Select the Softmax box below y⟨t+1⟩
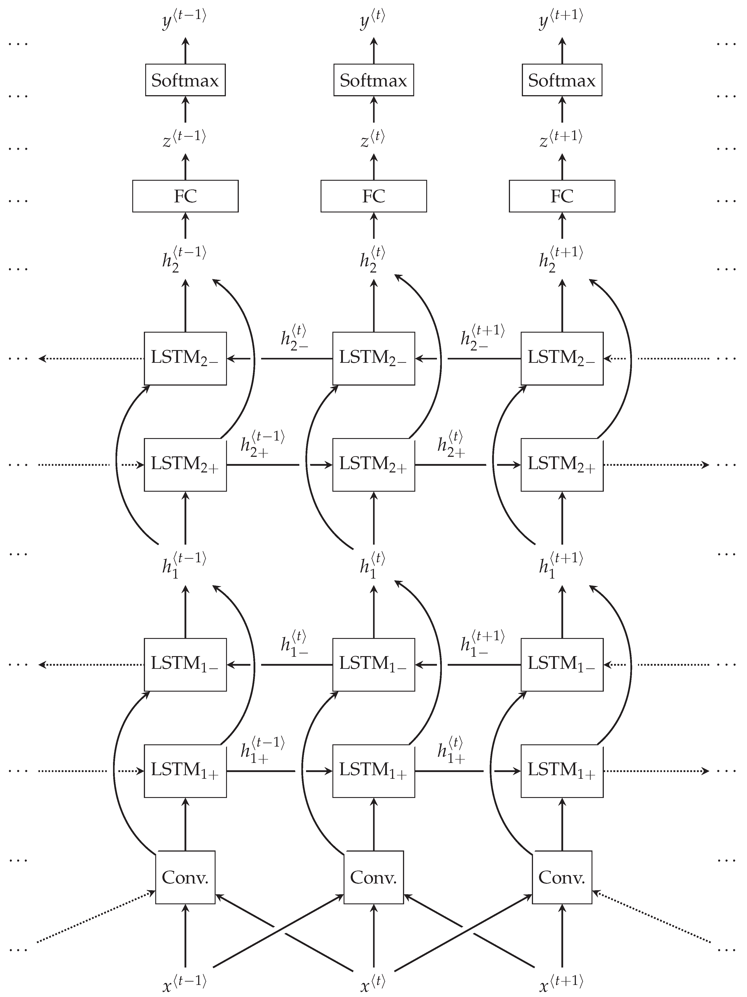pos(562,80)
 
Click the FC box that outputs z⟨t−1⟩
pos(185,196)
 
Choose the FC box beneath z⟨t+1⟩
pos(562,196)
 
